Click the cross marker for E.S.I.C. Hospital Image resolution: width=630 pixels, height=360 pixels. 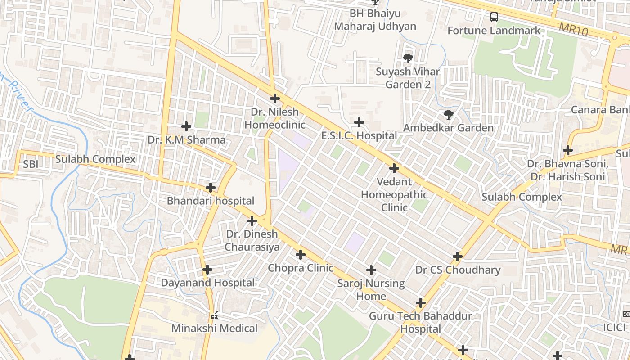tap(359, 122)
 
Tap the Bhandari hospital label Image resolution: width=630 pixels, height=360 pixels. tap(211, 201)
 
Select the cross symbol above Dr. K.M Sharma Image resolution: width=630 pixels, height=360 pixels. tap(186, 127)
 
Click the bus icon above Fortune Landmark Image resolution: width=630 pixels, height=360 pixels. tap(494, 18)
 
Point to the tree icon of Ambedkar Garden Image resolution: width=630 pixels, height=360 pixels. tap(448, 115)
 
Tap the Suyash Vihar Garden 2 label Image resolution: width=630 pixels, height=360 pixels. tap(408, 78)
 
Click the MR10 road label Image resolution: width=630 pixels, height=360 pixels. tap(574, 30)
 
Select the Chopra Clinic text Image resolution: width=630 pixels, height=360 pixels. tap(301, 268)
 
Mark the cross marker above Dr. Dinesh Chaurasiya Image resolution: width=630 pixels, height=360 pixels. tap(252, 221)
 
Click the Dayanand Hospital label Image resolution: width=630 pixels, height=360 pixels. tap(208, 283)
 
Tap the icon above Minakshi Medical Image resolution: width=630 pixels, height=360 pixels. tap(214, 315)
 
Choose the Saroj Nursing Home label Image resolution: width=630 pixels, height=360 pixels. tap(371, 290)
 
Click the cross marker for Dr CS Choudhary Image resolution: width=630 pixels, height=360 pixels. tap(458, 257)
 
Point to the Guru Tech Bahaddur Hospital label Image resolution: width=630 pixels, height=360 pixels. tap(420, 322)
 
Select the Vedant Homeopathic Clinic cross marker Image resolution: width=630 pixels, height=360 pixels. tap(394, 169)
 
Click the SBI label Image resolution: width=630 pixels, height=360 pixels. tap(31, 164)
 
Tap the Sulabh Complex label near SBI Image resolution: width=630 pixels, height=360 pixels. tap(95, 159)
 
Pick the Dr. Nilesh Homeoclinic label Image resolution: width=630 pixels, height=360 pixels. tap(274, 118)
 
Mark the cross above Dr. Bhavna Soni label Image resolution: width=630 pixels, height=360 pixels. tap(568, 150)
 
